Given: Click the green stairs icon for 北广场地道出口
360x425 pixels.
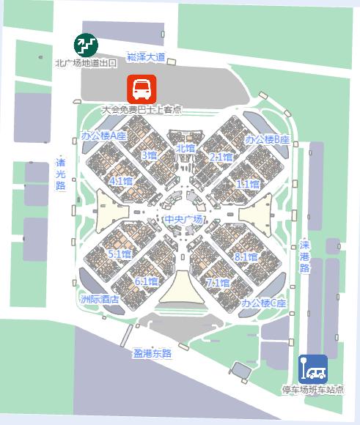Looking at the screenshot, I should [86, 45].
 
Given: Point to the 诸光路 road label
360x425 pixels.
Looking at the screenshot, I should [61, 175].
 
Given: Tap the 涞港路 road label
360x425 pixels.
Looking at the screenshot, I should [304, 256].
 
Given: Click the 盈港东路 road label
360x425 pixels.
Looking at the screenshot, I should [152, 353].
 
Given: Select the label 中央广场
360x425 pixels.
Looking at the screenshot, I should [183, 219].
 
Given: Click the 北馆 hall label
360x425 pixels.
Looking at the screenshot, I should [185, 148].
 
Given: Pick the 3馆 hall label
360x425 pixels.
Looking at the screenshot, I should [149, 155].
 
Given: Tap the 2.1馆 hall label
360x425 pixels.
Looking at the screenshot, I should [221, 157].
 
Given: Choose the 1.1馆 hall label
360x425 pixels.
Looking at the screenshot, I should [248, 185].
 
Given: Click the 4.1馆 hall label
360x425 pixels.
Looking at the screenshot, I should [120, 180].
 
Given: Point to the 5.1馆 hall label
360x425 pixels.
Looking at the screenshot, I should [119, 254].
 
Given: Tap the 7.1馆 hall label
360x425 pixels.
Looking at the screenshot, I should [218, 282].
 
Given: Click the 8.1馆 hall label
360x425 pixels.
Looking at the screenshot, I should [246, 257].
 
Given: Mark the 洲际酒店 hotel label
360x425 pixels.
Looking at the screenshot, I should [100, 299].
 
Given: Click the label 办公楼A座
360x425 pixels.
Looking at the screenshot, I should [104, 137].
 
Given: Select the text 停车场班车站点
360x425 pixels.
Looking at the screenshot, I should [312, 390].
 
